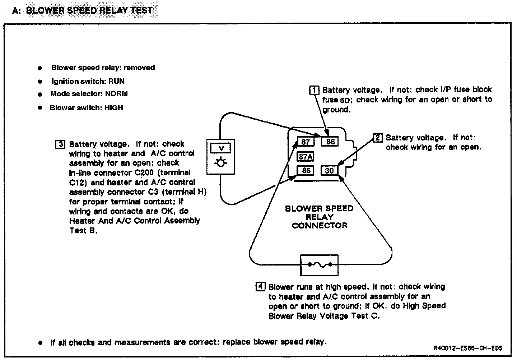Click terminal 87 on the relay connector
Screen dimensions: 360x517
[306, 142]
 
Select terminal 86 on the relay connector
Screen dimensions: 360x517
[330, 142]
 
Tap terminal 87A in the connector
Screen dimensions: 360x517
[306, 157]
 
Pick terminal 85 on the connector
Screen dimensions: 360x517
[306, 170]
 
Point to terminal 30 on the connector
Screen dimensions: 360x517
[330, 171]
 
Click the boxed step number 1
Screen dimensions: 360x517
[314, 90]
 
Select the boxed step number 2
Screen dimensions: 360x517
[377, 138]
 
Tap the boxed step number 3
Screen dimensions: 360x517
[60, 144]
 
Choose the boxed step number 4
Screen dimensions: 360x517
[260, 287]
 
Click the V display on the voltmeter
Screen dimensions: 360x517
[221, 148]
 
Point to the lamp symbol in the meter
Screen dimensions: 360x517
[221, 163]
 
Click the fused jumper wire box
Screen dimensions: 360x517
[319, 265]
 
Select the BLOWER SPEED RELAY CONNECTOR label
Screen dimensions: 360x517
[319, 217]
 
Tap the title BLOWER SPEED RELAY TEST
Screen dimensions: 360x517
[89, 10]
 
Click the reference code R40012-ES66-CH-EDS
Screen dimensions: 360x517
[468, 348]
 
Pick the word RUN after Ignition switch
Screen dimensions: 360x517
[116, 81]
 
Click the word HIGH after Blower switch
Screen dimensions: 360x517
[113, 108]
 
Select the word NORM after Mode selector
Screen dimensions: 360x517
[116, 94]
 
